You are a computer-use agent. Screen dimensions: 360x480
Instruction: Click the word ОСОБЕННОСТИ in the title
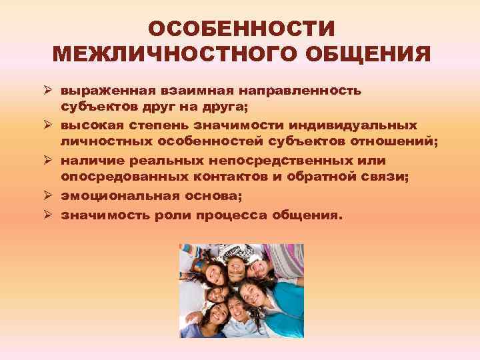tap(240, 29)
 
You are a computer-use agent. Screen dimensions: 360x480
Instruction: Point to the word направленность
tap(305, 89)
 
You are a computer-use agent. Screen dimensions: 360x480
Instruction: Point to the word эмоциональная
tap(119, 195)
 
